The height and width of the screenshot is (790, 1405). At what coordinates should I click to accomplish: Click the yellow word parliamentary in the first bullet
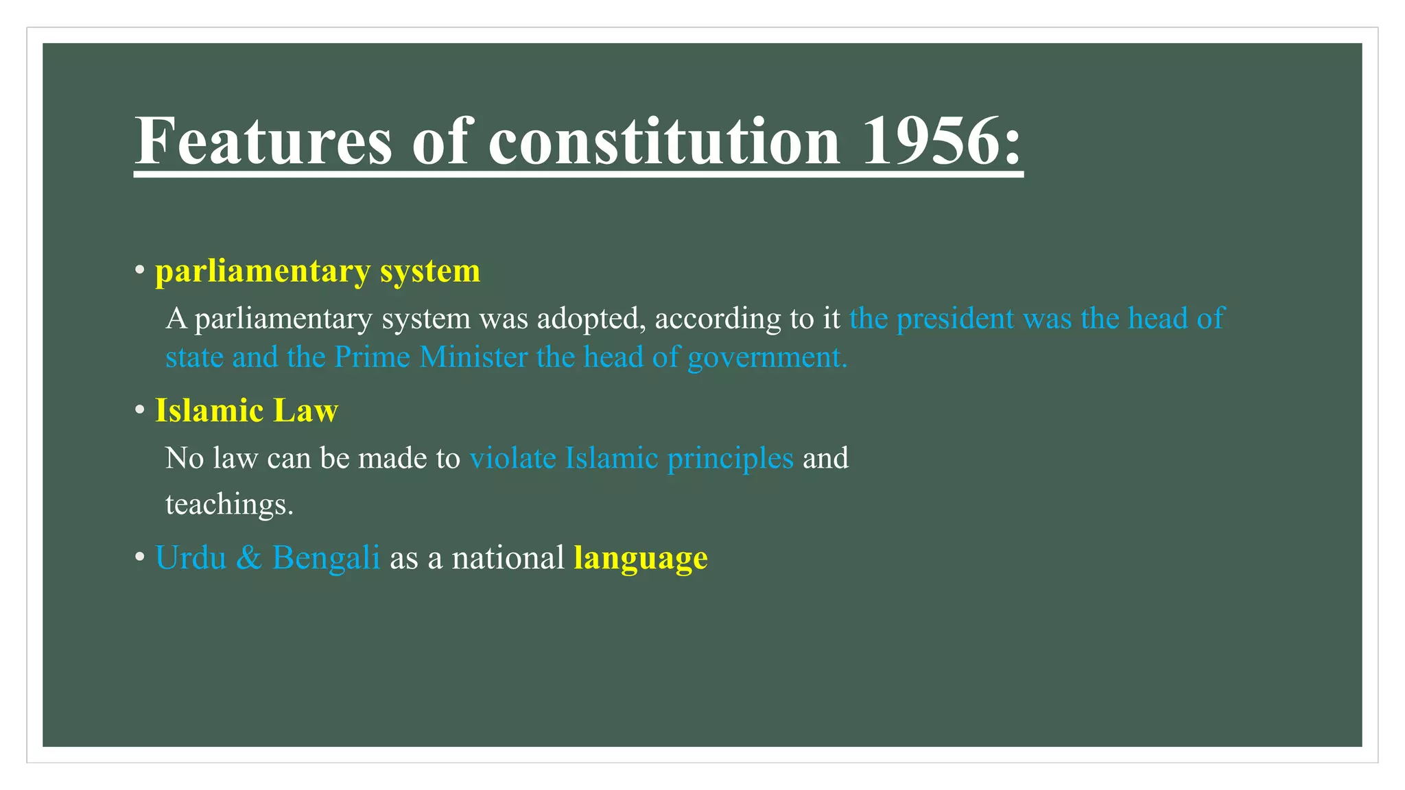pyautogui.click(x=263, y=272)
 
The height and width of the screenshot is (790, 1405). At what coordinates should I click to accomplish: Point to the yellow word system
pyautogui.click(x=430, y=272)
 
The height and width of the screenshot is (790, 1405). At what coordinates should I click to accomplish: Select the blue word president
pyautogui.click(x=955, y=319)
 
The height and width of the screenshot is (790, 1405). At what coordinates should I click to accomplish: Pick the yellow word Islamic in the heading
pyautogui.click(x=209, y=411)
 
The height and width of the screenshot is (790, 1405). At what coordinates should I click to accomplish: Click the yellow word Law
pyautogui.click(x=305, y=411)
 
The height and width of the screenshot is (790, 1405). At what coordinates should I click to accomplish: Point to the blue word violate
pyautogui.click(x=512, y=458)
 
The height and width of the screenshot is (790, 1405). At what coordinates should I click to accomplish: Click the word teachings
pyautogui.click(x=229, y=505)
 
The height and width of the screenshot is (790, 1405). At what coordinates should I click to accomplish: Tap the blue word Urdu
pyautogui.click(x=191, y=558)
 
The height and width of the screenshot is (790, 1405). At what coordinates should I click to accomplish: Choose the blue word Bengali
pyautogui.click(x=326, y=558)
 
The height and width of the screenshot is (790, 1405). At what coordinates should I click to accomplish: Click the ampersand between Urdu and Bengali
pyautogui.click(x=249, y=558)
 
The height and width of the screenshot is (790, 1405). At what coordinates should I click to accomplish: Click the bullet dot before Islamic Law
pyautogui.click(x=140, y=411)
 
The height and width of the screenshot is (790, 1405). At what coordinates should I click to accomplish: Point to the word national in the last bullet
pyautogui.click(x=508, y=558)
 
